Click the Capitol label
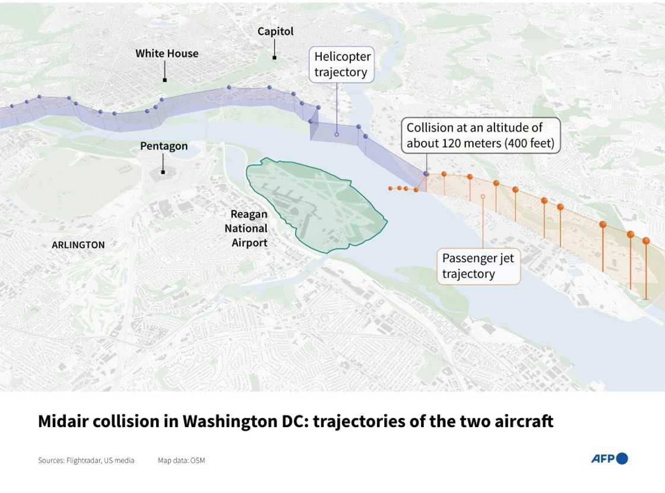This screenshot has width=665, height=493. (275, 31)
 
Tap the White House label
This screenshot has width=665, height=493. (167, 53)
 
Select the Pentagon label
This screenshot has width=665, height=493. (164, 146)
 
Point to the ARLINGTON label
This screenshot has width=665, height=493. (78, 244)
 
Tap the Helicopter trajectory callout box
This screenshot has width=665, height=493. (342, 65)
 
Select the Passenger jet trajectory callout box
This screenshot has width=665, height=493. (478, 266)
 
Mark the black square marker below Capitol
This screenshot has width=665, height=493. (274, 58)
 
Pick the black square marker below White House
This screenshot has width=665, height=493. (164, 79)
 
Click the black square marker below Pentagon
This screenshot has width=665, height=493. (163, 172)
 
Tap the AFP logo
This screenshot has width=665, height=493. (609, 458)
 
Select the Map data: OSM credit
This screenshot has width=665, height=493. (181, 460)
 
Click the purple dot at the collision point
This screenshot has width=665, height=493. (426, 173)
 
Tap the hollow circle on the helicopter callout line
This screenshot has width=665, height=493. (337, 135)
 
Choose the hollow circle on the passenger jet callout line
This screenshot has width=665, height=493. (483, 196)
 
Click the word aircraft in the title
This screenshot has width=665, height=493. (523, 422)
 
